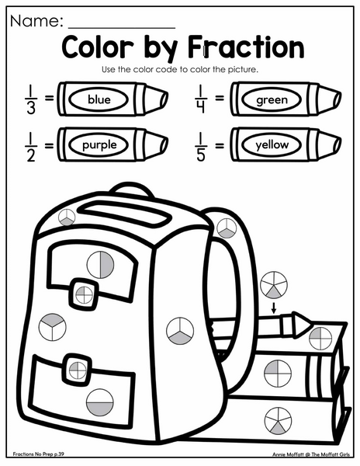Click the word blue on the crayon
[99, 99]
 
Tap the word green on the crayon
[272, 100]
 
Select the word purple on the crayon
[99, 145]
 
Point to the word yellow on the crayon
[272, 145]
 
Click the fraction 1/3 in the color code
[31, 100]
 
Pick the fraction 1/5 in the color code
[201, 147]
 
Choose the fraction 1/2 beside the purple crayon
[31, 147]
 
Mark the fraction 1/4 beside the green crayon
[201, 99]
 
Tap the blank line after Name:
[122, 28]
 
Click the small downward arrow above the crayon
[274, 308]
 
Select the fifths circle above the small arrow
[274, 285]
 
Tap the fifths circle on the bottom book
[278, 421]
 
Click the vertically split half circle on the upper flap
[100, 265]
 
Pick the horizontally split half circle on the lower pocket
[100, 402]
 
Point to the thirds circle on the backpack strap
[227, 228]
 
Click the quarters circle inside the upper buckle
[84, 295]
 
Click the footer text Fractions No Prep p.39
[38, 454]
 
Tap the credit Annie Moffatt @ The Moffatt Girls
[311, 454]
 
